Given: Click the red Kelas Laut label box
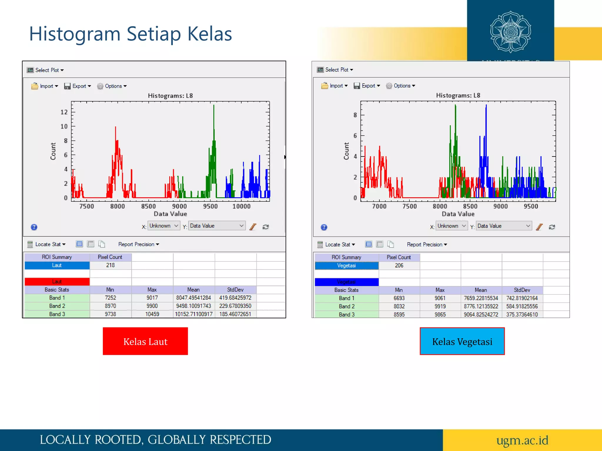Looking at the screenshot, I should coord(145,341).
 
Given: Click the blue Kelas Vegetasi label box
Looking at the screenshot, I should coord(462,341).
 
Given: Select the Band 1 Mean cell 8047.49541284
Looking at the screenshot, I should coord(193,298).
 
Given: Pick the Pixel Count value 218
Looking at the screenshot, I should coord(110,265).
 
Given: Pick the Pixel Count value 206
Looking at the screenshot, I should coord(399,265).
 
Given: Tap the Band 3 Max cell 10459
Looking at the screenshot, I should coord(152,314).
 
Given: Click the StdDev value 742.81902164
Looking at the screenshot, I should coord(522,298).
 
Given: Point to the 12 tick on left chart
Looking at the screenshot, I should coord(64,112).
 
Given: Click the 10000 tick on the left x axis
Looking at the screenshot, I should coord(241,206).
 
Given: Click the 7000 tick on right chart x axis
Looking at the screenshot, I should coord(379,206).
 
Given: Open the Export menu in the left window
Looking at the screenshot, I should coord(78,86).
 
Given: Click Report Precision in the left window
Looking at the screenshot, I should coord(138,244).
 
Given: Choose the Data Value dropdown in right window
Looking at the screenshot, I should coord(504,226).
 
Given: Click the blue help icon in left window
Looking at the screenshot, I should coord(34,227).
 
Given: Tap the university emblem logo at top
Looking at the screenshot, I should coord(510,32).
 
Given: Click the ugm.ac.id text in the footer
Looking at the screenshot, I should coord(522,440).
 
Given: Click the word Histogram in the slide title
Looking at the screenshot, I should coord(75,34).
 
